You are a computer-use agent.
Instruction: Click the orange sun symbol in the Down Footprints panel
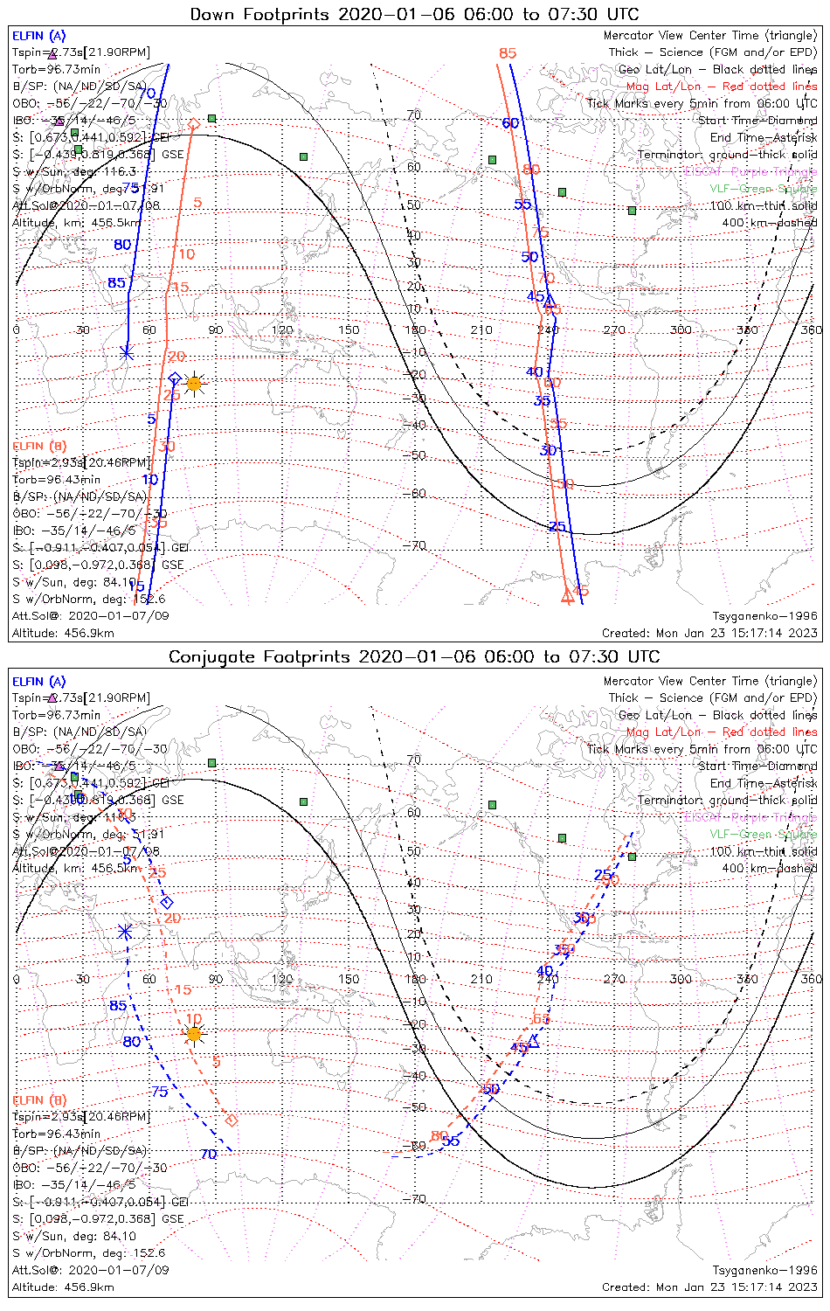point(194,383)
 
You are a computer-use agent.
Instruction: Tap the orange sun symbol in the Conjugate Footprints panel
point(194,1034)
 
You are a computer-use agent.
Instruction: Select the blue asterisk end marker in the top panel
point(127,352)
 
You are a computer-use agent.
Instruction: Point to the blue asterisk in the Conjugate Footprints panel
point(126,932)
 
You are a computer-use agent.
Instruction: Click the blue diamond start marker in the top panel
point(175,378)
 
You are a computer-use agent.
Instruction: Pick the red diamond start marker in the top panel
point(194,124)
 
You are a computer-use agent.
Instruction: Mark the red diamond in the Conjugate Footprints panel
point(232,1120)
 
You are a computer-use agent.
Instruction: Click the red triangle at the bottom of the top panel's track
point(567,597)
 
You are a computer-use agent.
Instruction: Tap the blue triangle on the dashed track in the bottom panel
point(534,1042)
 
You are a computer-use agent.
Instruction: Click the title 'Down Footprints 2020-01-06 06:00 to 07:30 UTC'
point(414,14)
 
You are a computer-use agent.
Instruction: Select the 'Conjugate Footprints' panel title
point(414,656)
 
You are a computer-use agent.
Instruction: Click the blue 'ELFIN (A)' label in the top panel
point(38,36)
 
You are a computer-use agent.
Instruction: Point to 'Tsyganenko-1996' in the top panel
point(764,616)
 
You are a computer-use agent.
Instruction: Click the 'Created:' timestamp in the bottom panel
point(709,1287)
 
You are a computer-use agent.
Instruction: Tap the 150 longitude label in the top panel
point(349,329)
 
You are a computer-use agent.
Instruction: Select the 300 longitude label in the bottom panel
point(681,979)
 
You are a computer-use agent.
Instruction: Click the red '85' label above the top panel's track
point(508,53)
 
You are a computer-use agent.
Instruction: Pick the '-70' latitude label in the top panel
point(416,545)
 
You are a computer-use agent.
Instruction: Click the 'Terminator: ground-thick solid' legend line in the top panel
point(727,155)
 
